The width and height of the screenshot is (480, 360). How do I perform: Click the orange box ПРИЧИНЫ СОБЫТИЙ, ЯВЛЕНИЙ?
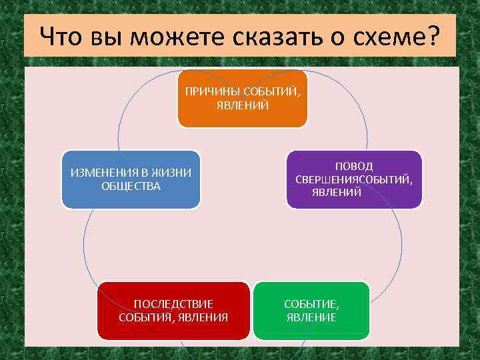click(x=242, y=98)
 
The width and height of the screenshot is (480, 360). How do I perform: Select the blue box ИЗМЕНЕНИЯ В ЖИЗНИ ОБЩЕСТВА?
click(x=131, y=179)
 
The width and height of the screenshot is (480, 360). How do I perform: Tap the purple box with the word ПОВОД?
click(x=354, y=179)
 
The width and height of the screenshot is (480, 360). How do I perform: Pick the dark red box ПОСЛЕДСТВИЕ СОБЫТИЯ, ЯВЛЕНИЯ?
click(x=173, y=310)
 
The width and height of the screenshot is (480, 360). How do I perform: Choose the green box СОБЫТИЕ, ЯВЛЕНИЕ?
click(x=311, y=310)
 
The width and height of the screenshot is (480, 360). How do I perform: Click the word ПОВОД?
click(x=354, y=166)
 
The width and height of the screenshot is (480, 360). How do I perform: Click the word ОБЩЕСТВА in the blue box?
click(x=131, y=185)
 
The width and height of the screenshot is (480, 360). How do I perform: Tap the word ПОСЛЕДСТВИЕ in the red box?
click(x=173, y=304)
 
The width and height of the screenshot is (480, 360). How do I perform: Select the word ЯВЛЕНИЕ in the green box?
click(x=311, y=317)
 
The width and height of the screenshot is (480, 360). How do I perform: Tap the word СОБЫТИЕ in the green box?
click(x=311, y=304)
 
